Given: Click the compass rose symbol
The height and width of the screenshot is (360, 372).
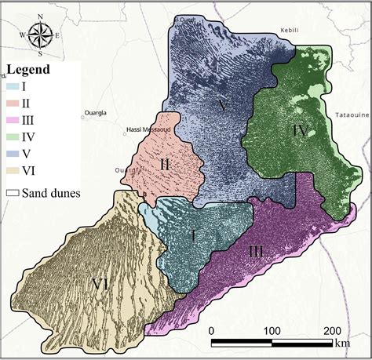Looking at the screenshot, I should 39,37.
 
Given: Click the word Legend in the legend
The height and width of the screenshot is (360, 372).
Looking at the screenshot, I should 28,70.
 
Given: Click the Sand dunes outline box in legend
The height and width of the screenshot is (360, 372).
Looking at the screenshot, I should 13,189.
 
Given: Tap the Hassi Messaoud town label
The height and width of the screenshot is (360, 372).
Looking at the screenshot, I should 147,129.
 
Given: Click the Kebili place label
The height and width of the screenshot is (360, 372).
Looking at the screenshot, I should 290,31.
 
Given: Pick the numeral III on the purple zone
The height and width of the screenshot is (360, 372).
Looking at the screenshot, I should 255,251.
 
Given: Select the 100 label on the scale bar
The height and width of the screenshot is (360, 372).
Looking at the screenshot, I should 272,329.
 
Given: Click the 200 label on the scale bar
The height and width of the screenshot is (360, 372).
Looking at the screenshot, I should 332,329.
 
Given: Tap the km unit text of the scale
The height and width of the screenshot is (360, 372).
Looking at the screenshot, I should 342,343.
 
